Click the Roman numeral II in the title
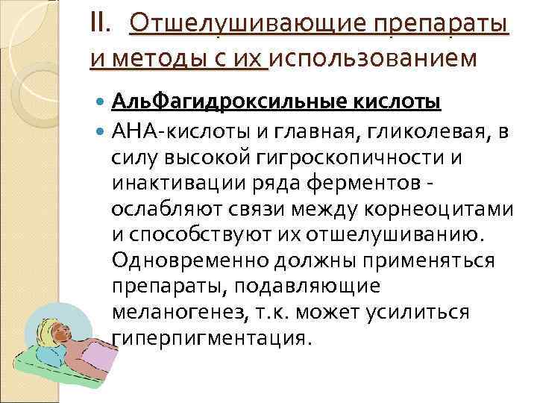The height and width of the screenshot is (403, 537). coord(98,26)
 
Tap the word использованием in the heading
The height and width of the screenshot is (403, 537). coord(372,57)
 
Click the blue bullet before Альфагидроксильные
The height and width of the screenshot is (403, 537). coord(101,101)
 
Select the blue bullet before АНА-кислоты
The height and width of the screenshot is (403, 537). coord(101,133)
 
